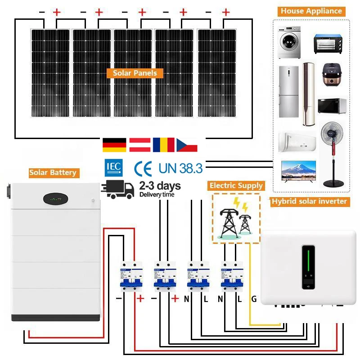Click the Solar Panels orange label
tap(135, 73)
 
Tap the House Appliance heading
tap(311, 11)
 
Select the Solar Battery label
tap(53, 172)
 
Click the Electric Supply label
tap(236, 185)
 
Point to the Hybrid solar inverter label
tap(309, 202)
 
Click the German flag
tap(114, 144)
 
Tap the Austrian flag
tap(139, 144)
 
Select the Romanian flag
tap(163, 144)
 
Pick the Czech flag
tap(187, 144)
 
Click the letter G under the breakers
tap(254, 298)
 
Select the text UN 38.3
tap(180, 169)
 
